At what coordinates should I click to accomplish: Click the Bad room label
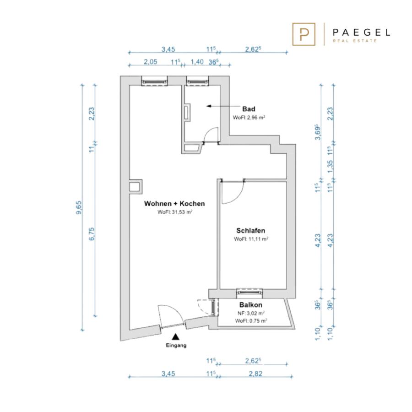[x=249, y=109]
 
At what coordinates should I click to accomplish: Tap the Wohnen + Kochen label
[x=174, y=204]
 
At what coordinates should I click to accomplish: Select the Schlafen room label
[x=251, y=231]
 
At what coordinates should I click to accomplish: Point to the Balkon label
[x=251, y=305]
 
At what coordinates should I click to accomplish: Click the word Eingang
[x=176, y=346]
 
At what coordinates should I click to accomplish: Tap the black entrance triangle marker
[x=175, y=336]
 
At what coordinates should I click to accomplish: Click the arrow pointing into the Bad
[x=223, y=106]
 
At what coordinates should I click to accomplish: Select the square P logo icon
[x=304, y=34]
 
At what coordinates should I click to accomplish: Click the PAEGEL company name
[x=361, y=33]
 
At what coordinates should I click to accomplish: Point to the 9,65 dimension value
[x=79, y=207]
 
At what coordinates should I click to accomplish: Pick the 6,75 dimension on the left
[x=92, y=234]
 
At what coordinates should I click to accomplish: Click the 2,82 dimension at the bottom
[x=255, y=374]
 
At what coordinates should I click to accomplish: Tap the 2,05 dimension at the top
[x=150, y=62]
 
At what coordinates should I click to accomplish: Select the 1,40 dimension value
[x=197, y=62]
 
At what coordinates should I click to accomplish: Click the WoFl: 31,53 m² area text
[x=175, y=212]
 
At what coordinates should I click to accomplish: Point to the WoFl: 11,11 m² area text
[x=251, y=239]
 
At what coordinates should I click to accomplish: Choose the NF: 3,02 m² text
[x=251, y=313]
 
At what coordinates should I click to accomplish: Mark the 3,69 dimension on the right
[x=318, y=132]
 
